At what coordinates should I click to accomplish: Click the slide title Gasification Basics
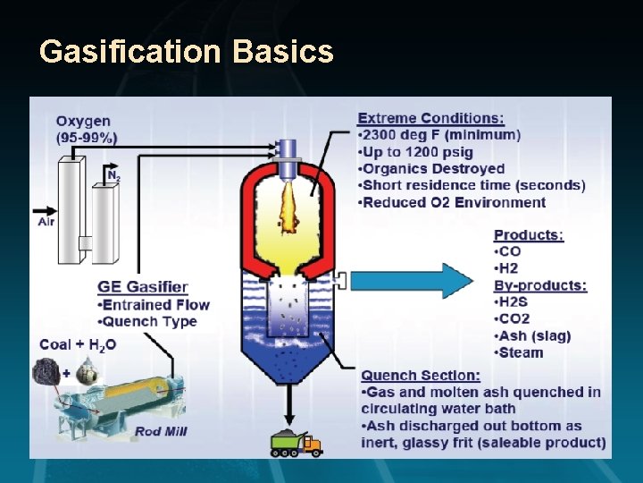click(187, 51)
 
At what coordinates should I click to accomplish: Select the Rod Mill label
click(161, 431)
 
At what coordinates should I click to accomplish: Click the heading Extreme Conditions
click(430, 118)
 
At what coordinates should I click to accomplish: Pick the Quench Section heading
click(421, 375)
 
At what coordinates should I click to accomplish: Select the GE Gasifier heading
click(143, 287)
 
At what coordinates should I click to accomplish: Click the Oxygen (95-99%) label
click(86, 129)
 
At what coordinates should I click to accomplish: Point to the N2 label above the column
click(113, 175)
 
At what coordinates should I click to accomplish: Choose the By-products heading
click(540, 285)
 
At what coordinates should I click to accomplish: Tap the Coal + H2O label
click(78, 344)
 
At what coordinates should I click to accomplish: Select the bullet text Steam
click(521, 352)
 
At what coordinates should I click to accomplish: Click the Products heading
click(529, 235)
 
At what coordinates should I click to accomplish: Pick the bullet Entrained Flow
click(157, 304)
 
